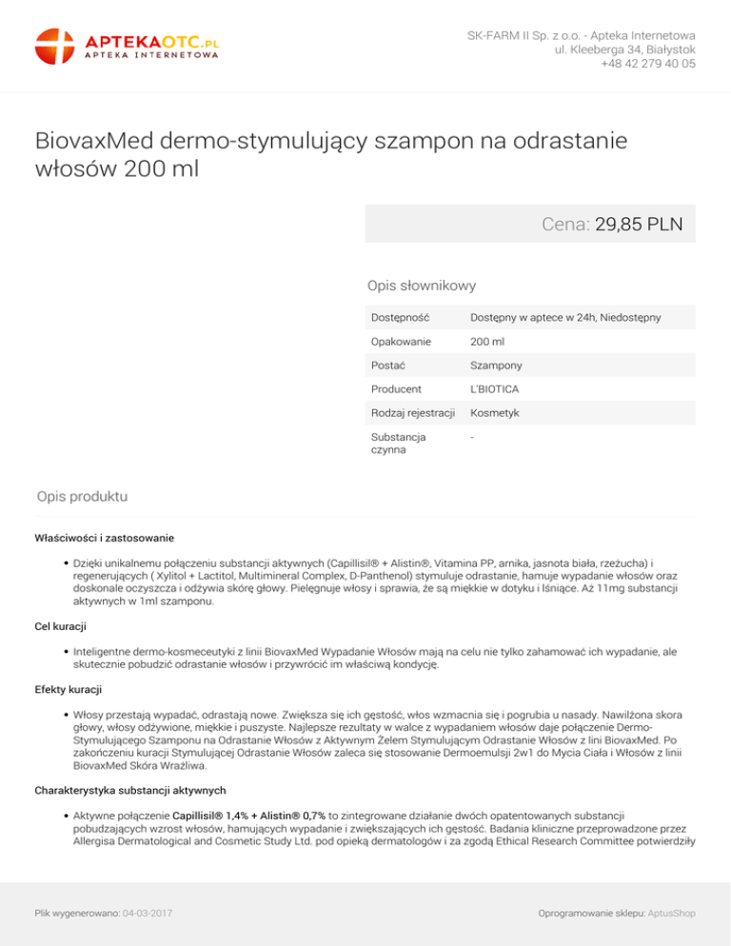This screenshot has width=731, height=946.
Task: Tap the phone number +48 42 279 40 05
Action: pos(647,65)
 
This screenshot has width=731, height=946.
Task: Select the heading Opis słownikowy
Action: pos(422,285)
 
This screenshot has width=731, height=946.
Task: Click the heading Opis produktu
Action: pos(82,496)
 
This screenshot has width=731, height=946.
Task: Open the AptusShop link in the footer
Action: pos(671,914)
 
